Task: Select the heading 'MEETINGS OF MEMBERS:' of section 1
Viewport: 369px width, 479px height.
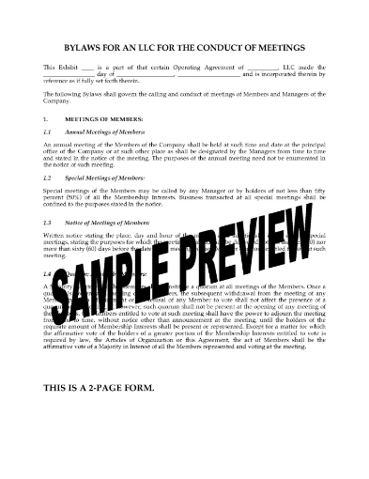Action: (103, 120)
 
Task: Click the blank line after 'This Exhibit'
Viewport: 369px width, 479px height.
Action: (89, 68)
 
